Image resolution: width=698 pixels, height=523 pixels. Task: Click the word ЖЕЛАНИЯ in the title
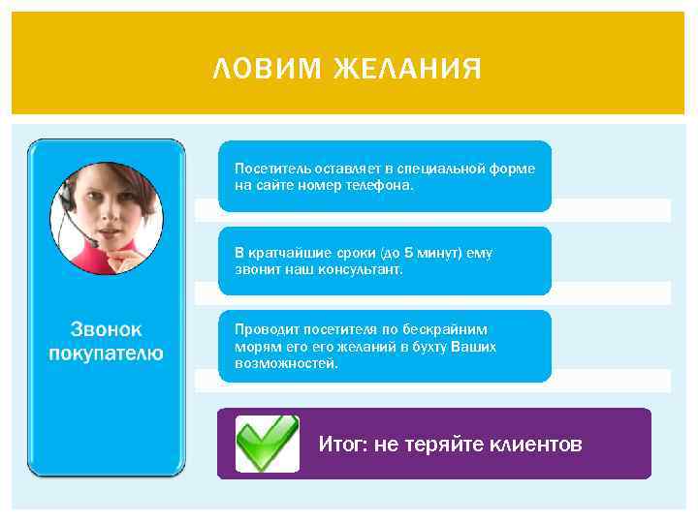(x=407, y=70)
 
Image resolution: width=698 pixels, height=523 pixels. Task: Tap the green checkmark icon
(x=267, y=444)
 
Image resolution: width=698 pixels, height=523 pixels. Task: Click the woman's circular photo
(x=106, y=217)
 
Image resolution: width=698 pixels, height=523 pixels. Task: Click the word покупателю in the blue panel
(x=107, y=354)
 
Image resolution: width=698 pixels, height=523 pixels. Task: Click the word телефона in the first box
(x=381, y=185)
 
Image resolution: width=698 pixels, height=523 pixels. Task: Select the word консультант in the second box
(x=361, y=269)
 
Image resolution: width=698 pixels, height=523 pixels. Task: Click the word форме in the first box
(x=514, y=169)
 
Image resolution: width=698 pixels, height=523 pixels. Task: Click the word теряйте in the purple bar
(x=438, y=445)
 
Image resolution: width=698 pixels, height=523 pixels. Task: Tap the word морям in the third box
(x=254, y=346)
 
